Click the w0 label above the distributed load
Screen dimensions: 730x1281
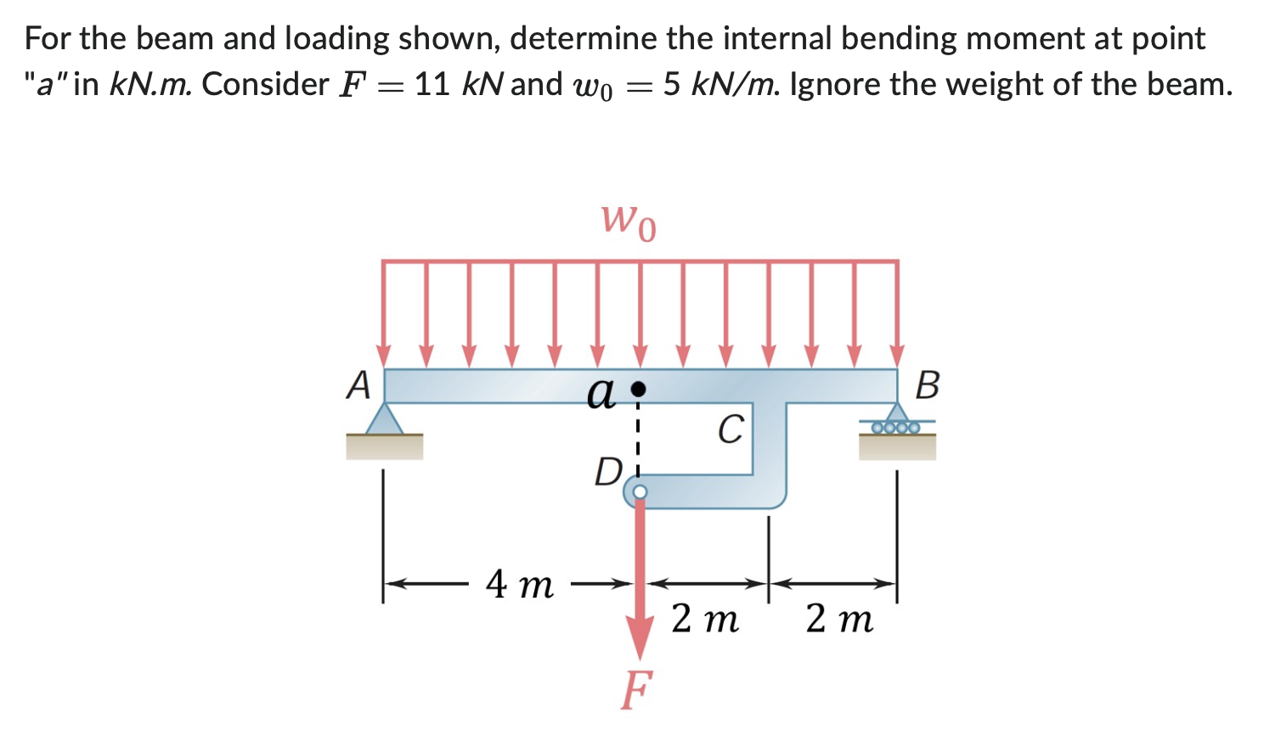629,221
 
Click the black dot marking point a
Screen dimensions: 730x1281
640,389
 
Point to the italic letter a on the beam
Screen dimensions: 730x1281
601,393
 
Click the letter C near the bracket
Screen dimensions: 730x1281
731,430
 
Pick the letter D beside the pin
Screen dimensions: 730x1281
608,472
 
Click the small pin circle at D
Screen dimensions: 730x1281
640,491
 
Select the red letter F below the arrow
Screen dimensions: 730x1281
637,689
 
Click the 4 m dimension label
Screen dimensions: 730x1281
519,584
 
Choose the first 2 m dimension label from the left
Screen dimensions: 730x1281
704,620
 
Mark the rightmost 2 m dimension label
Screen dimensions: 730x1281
839,620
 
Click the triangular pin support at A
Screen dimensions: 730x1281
384,419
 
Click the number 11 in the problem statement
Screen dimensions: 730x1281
432,84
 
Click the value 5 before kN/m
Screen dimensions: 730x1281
672,84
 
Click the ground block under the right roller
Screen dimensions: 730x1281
897,447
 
